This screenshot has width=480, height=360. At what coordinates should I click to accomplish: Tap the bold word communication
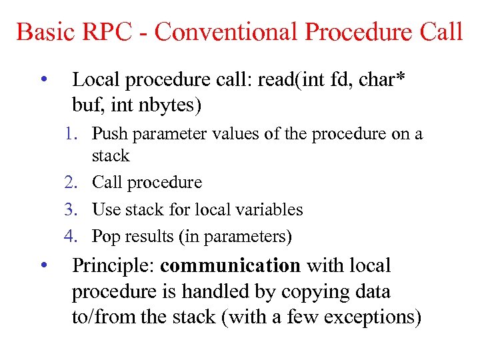(x=231, y=265)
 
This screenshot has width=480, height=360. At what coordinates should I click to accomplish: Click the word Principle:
(x=113, y=265)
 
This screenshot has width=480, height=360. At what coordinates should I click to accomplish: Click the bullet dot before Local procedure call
(x=43, y=80)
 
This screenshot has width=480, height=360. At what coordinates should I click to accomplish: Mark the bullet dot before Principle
(x=43, y=265)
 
